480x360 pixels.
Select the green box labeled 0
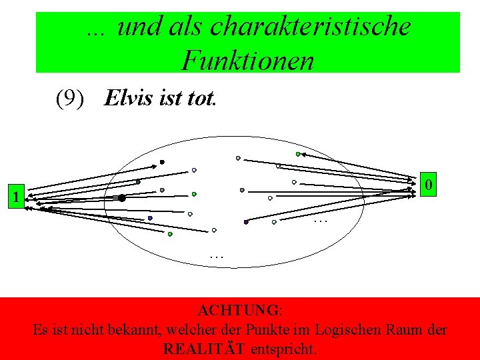(431, 183)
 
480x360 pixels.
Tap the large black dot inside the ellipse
(122, 198)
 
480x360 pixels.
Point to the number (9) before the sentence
(71, 99)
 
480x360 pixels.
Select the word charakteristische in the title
(310, 27)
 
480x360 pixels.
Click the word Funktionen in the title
(247, 61)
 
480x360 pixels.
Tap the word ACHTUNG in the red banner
(239, 311)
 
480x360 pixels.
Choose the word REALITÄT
(204, 349)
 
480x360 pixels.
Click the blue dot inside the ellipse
(151, 218)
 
